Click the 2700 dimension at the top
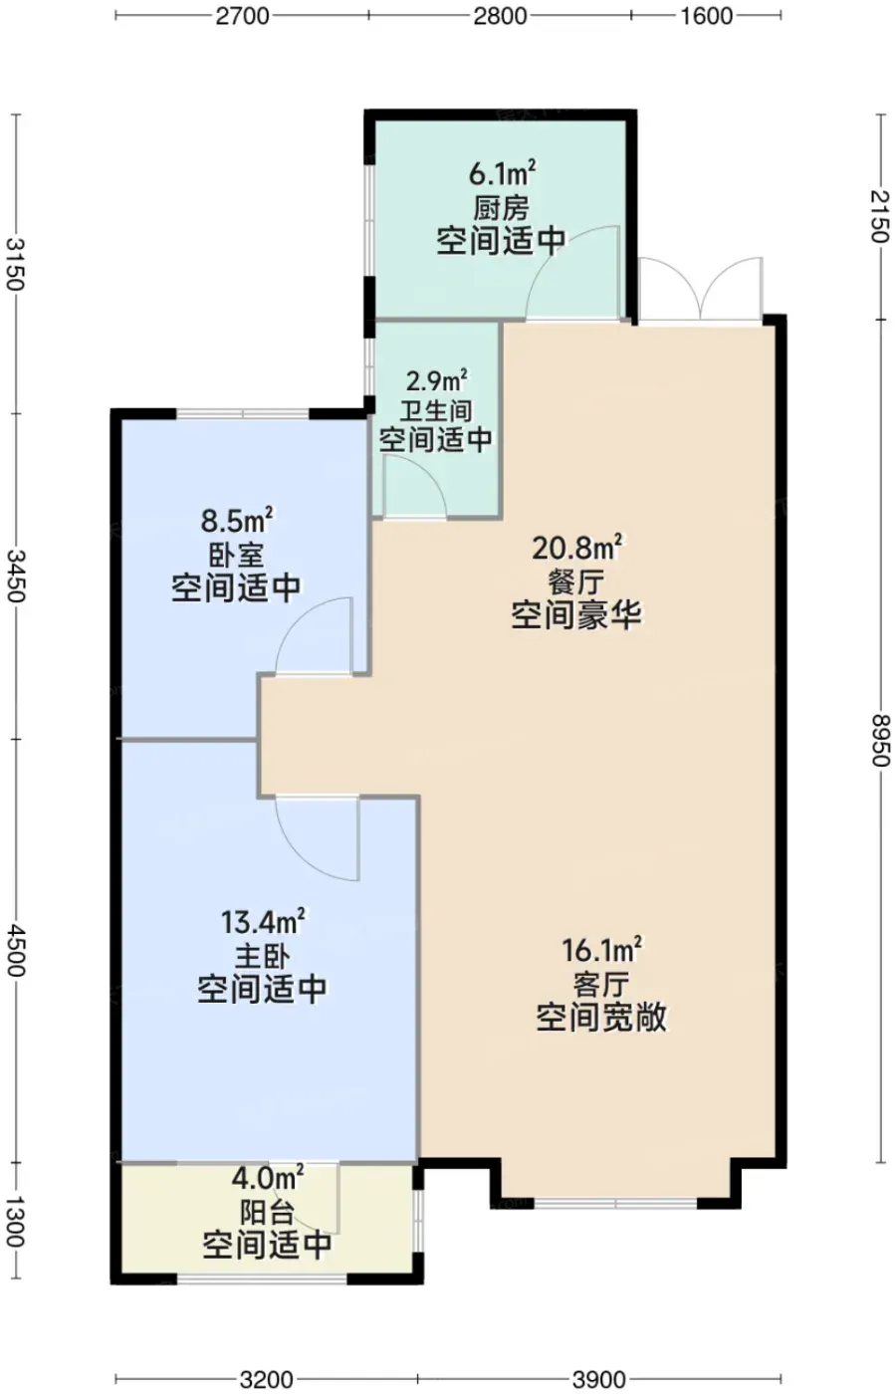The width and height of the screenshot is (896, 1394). (243, 16)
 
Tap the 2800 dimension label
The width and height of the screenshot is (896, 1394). (500, 16)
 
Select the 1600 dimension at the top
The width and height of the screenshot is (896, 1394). (706, 16)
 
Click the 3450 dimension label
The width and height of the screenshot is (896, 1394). (16, 576)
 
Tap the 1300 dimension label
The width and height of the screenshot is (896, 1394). (16, 1221)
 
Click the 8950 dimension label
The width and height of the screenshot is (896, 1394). (881, 740)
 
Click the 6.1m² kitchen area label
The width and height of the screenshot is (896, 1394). (502, 174)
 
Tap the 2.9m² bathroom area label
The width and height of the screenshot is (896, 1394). (437, 380)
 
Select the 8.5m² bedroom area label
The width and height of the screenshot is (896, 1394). (237, 522)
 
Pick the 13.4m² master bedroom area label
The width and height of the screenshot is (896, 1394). (263, 922)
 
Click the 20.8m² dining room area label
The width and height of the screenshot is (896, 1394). (577, 549)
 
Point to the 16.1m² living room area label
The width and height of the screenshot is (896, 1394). (601, 950)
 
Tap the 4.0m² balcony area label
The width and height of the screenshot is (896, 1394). (268, 1177)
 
